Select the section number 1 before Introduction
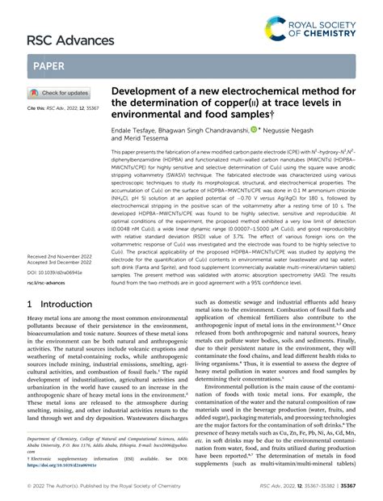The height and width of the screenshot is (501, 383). click(31, 372)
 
